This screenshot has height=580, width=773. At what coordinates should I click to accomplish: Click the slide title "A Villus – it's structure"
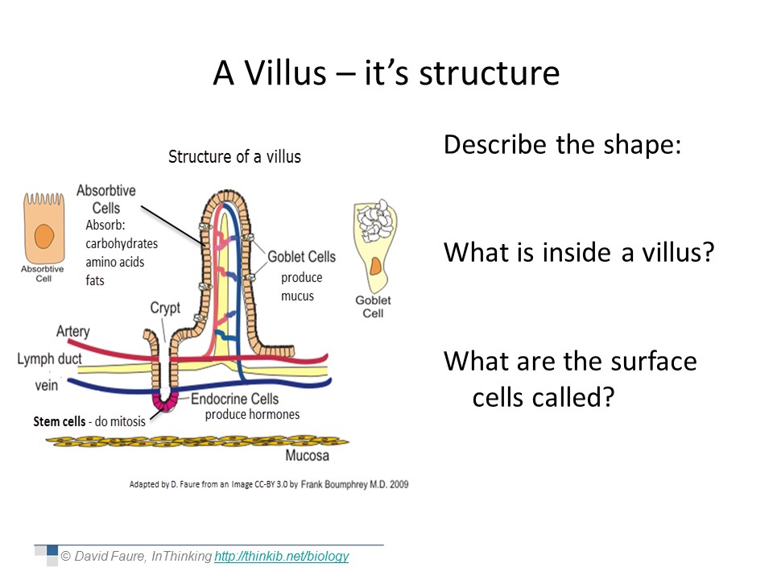(386, 73)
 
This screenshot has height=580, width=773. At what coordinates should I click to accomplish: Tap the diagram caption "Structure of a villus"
(234, 157)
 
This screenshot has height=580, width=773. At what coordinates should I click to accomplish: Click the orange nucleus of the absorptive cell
(43, 236)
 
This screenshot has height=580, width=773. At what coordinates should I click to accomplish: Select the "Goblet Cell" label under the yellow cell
(373, 306)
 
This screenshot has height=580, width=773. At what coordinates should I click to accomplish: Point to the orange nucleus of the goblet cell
(375, 266)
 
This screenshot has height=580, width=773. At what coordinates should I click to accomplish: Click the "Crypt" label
(165, 309)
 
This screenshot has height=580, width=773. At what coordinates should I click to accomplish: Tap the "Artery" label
(73, 331)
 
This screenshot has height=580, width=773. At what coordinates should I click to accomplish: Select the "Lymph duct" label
(49, 358)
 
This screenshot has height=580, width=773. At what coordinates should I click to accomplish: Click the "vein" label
(47, 385)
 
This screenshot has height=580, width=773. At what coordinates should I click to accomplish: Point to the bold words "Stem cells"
(59, 421)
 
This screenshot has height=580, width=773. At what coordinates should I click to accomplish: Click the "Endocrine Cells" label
(234, 399)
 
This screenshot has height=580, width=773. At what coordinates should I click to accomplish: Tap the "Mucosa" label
(307, 455)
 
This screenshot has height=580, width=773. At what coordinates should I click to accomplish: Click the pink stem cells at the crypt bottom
(165, 402)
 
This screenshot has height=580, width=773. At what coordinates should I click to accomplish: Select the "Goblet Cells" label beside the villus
(301, 256)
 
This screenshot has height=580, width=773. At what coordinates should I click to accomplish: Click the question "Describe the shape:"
(563, 146)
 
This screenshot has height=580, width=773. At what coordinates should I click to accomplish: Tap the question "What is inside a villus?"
(579, 252)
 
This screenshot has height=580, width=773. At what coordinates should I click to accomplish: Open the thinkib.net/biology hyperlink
(282, 557)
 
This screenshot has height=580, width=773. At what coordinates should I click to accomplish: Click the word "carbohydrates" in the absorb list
(122, 243)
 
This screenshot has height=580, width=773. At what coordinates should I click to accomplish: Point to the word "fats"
(95, 280)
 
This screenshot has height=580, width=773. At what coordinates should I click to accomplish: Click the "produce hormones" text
(252, 414)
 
